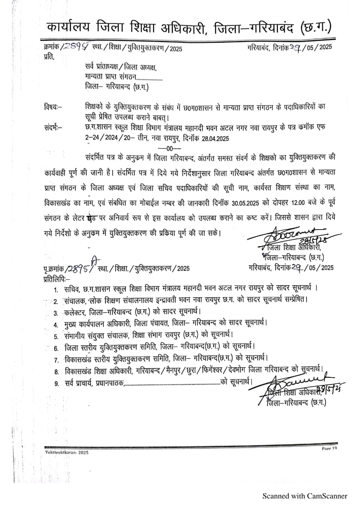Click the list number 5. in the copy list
click(56, 336)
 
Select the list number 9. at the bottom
click(56, 384)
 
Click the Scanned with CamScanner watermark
click(305, 496)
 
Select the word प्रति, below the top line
click(48, 57)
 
